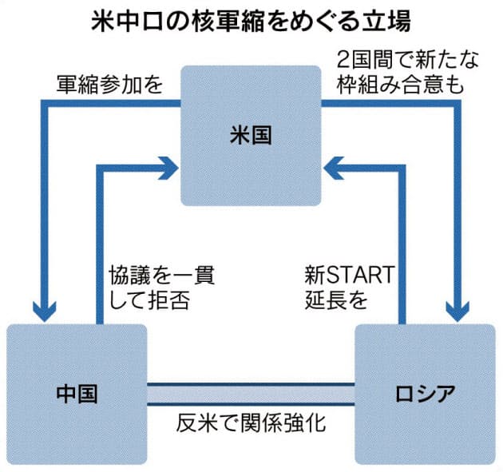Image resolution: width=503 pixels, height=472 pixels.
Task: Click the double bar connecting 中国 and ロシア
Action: pos(251,394)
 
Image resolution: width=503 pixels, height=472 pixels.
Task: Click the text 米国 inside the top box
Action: pos(251,137)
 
